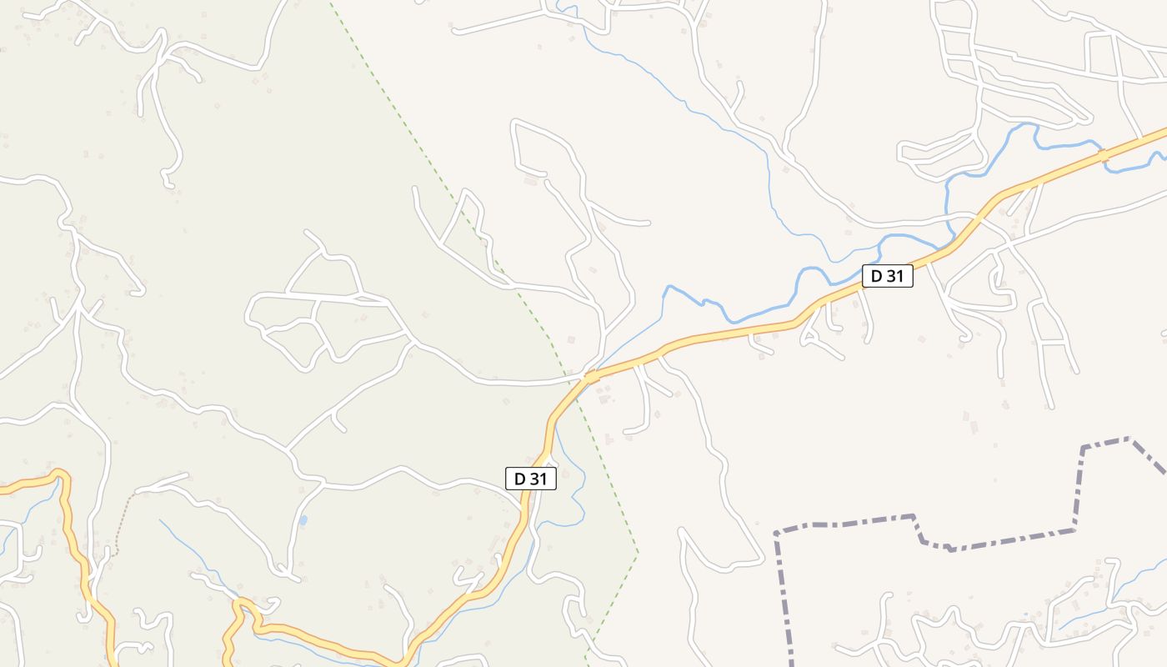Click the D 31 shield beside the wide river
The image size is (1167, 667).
887,276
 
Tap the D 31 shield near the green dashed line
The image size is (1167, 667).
530,479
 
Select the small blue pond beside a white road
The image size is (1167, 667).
303,520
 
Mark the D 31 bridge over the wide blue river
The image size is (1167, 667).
1103,156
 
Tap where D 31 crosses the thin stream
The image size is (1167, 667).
590,378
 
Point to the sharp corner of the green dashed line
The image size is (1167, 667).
638,552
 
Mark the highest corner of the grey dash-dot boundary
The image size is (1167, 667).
1128,438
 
